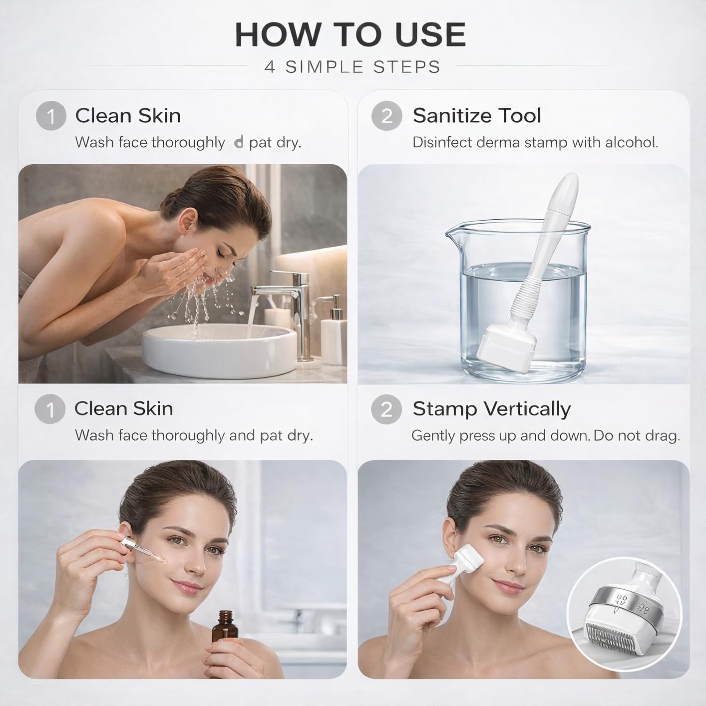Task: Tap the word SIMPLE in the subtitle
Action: (324, 67)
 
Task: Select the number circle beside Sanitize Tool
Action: (386, 116)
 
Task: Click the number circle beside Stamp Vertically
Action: (386, 409)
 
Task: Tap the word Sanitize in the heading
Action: (453, 116)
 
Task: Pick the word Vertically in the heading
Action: (527, 410)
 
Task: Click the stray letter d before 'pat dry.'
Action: (239, 142)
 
